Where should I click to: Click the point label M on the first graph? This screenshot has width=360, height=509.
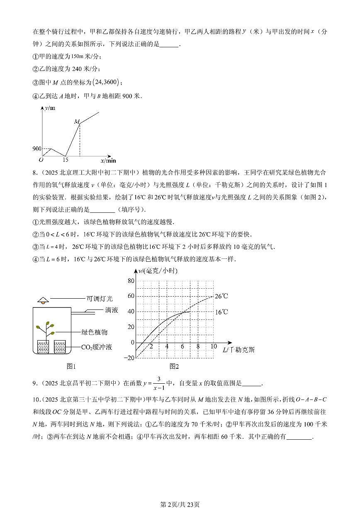pyautogui.click(x=76, y=122)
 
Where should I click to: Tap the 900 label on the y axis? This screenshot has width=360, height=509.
pyautogui.click(x=36, y=149)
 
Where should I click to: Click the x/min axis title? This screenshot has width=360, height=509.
pyautogui.click(x=108, y=160)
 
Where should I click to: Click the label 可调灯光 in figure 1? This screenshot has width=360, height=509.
pyautogui.click(x=99, y=298)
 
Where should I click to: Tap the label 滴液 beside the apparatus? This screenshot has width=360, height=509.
pyautogui.click(x=112, y=309)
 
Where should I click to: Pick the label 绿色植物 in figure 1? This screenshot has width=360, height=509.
pyautogui.click(x=95, y=332)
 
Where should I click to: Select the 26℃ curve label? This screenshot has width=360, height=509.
pyautogui.click(x=221, y=296)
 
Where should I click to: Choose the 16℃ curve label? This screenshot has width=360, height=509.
pyautogui.click(x=221, y=312)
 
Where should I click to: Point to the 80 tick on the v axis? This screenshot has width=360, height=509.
pyautogui.click(x=131, y=281)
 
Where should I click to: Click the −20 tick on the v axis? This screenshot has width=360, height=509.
pyautogui.click(x=129, y=358)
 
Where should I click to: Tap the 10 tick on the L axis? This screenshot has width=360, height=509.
pyautogui.click(x=214, y=346)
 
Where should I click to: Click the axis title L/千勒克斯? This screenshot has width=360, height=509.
pyautogui.click(x=238, y=350)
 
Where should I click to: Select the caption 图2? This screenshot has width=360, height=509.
pyautogui.click(x=174, y=366)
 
